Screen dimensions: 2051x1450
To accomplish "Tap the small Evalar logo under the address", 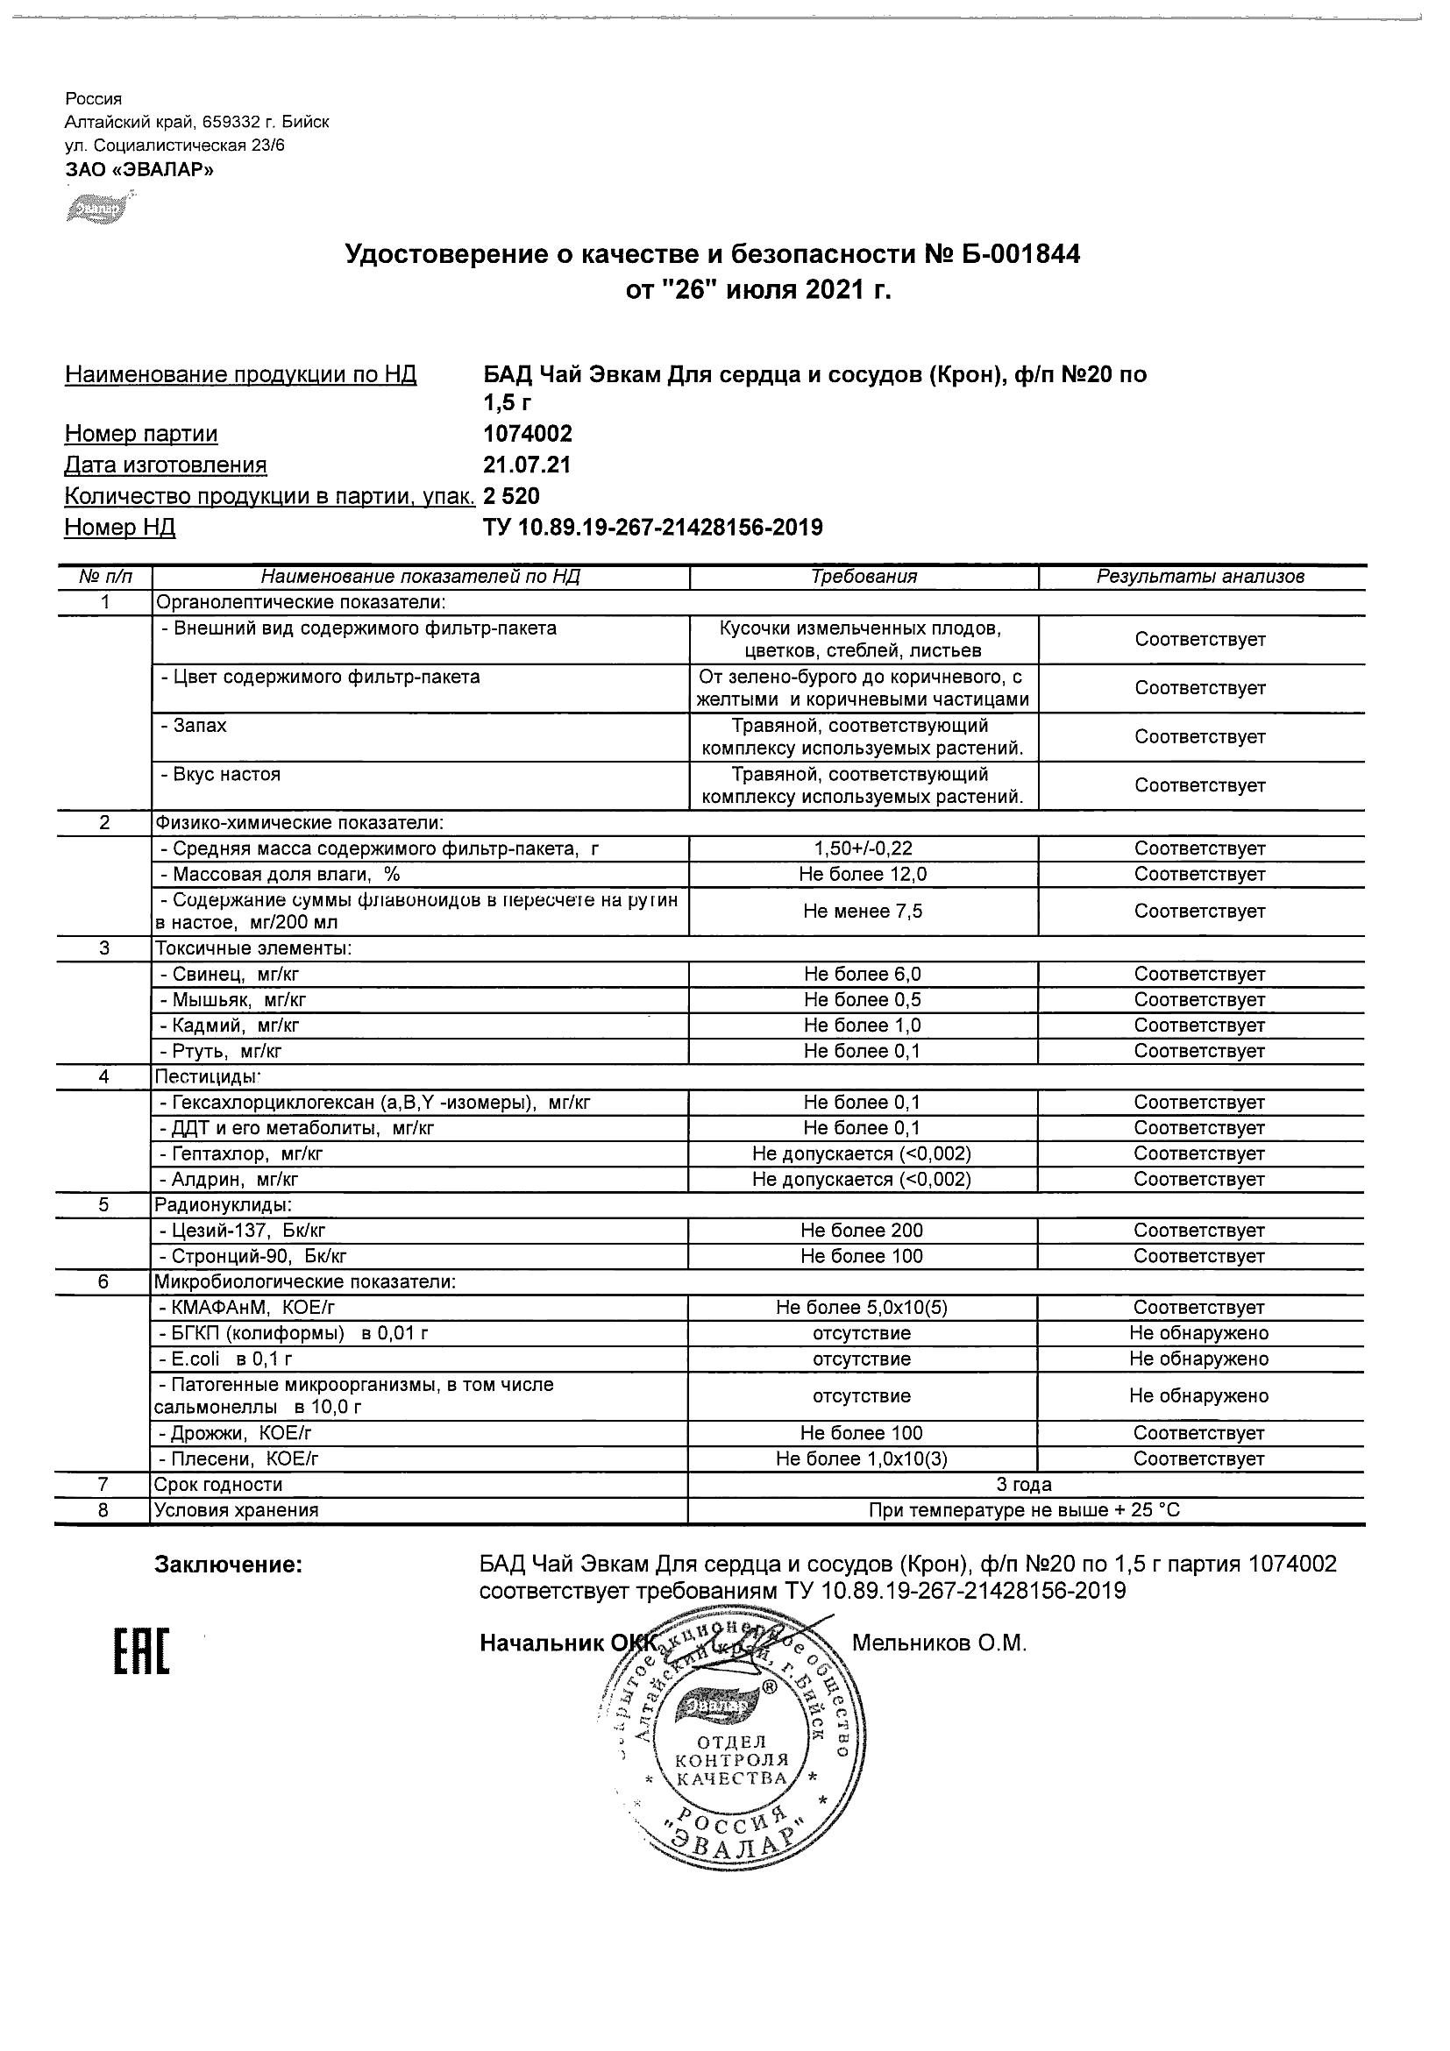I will pyautogui.click(x=96, y=209).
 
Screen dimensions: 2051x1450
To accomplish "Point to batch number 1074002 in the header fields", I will pyautogui.click(x=528, y=434).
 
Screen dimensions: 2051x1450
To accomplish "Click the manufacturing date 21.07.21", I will pyautogui.click(x=527, y=465).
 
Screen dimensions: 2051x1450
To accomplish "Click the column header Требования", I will pyautogui.click(x=863, y=577).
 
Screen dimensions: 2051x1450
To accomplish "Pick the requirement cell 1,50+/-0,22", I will pyautogui.click(x=863, y=848).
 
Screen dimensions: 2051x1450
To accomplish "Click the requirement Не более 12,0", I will pyautogui.click(x=863, y=875).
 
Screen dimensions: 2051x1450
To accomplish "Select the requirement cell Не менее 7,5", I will pyautogui.click(x=863, y=912).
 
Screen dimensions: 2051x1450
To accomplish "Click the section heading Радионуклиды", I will pyautogui.click(x=224, y=1205).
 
